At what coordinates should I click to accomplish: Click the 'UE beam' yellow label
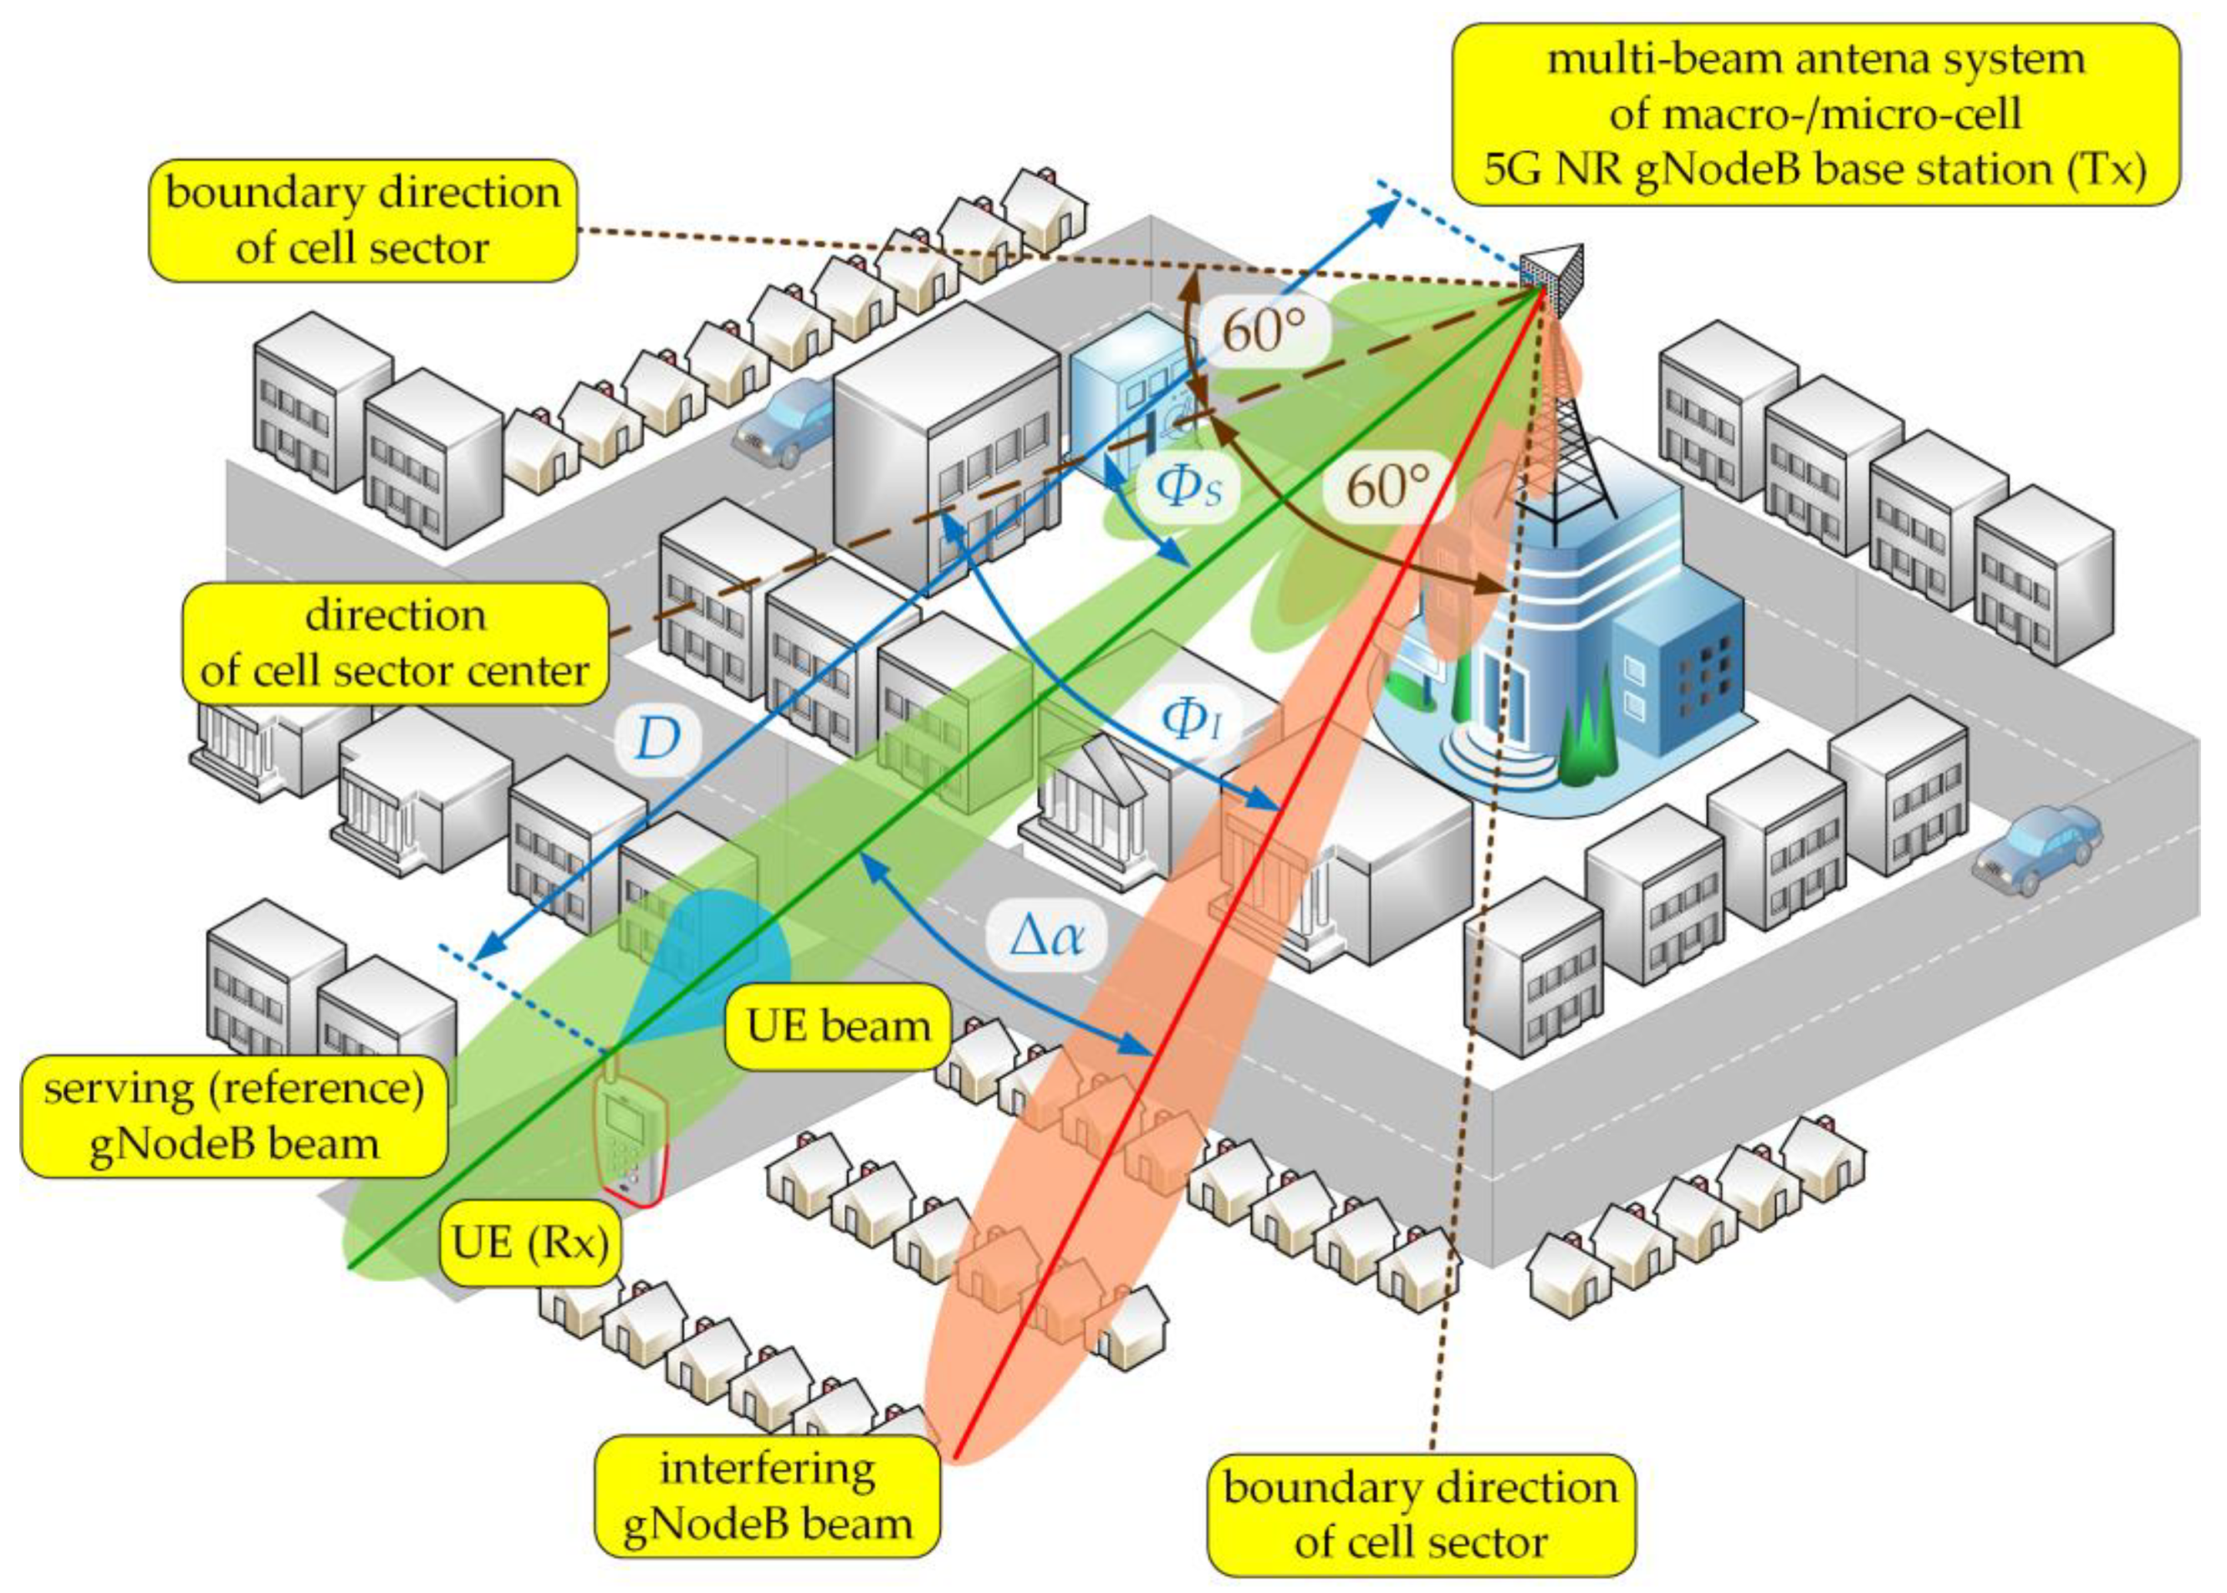[838, 1027]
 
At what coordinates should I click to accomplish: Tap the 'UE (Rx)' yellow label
[529, 1243]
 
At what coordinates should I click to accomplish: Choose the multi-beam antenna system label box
[1814, 115]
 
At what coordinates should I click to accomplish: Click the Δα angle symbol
[1048, 937]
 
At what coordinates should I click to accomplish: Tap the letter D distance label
[657, 738]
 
